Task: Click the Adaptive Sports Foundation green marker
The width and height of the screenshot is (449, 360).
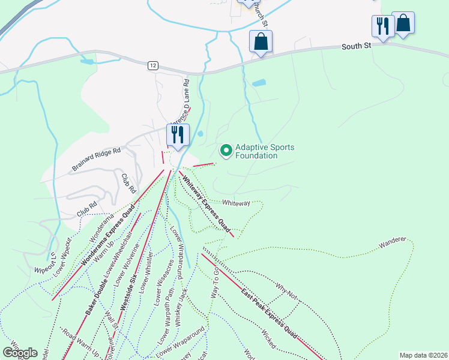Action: (226, 151)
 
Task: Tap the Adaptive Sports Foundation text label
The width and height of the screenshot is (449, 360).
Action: (256, 151)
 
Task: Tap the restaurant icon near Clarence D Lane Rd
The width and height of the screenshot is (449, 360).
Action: (178, 134)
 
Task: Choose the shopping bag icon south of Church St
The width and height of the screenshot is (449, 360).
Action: (261, 42)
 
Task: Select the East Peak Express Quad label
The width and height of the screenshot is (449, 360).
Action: (270, 313)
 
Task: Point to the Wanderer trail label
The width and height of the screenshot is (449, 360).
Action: (393, 243)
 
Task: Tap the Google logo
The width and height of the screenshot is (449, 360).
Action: (20, 352)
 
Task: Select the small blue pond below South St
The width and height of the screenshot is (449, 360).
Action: (259, 83)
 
